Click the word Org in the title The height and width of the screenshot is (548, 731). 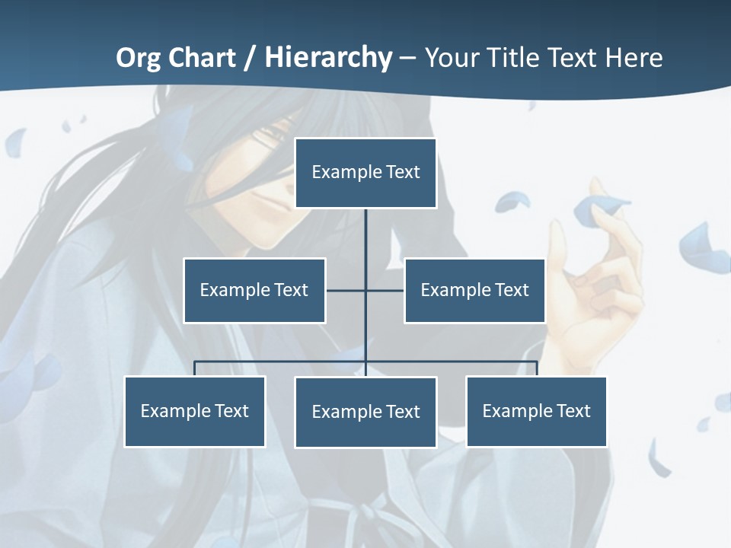[x=139, y=58]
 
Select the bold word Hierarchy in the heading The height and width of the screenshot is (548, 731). [x=328, y=58]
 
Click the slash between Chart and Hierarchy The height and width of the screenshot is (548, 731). [x=249, y=59]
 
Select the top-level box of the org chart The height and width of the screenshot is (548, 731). [x=365, y=173]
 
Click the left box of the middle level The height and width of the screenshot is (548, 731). [x=254, y=290]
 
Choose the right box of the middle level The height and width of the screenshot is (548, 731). [x=474, y=290]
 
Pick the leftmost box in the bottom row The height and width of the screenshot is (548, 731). [x=195, y=411]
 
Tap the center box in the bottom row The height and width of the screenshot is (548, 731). [x=365, y=412]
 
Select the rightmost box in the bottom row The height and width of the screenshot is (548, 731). [x=537, y=411]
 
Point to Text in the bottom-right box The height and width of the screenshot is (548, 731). [x=573, y=411]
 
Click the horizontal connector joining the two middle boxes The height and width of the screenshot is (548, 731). [x=347, y=290]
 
